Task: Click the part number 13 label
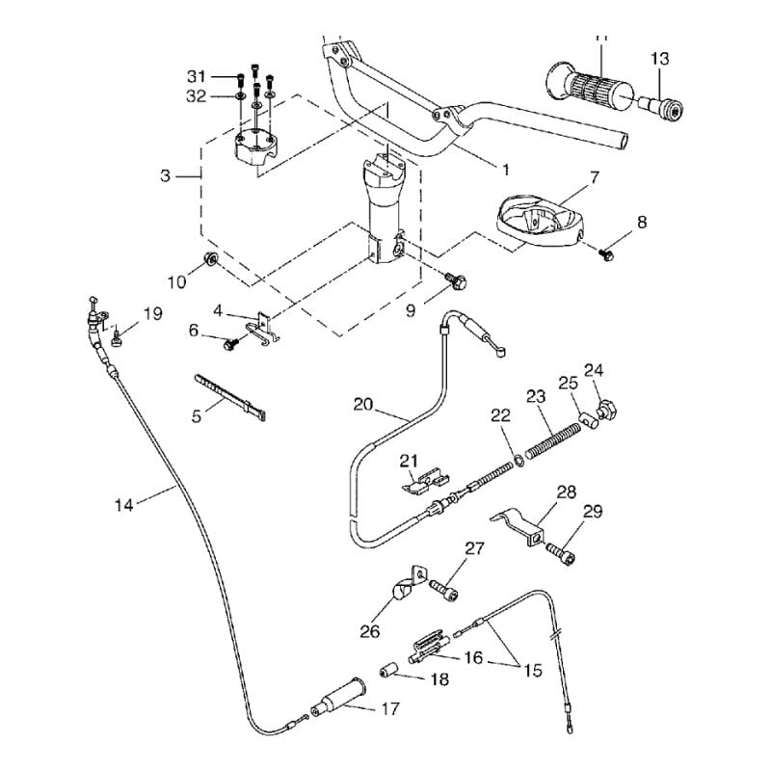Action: tap(659, 60)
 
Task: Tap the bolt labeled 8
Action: tap(606, 254)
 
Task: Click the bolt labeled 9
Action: tap(457, 281)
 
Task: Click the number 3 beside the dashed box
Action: tap(165, 176)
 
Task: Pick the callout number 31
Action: tap(197, 75)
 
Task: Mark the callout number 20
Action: tap(362, 404)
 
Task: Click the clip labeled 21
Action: tap(424, 480)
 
